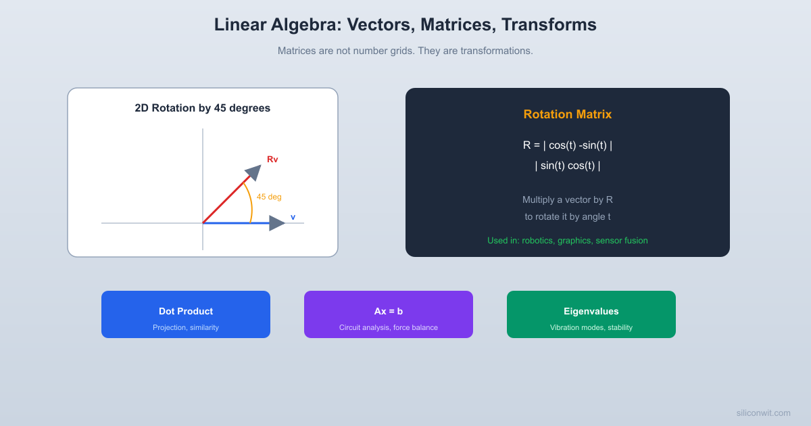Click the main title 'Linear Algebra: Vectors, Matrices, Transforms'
click(405, 25)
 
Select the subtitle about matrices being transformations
click(405, 51)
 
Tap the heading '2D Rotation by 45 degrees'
click(202, 108)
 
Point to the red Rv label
click(272, 160)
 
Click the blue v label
click(293, 217)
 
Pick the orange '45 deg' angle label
click(269, 197)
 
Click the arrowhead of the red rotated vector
click(254, 172)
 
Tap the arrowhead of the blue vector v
click(276, 223)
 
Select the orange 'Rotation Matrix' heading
click(567, 114)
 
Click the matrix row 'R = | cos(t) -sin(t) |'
click(567, 145)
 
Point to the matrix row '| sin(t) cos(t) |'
click(567, 166)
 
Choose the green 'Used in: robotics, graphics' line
click(567, 241)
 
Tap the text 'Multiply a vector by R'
click(567, 200)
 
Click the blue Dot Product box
click(186, 314)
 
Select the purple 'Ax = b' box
click(389, 314)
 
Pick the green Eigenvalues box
click(591, 314)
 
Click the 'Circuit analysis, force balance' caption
click(389, 327)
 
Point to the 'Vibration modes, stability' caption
click(591, 327)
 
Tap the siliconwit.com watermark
click(763, 413)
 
